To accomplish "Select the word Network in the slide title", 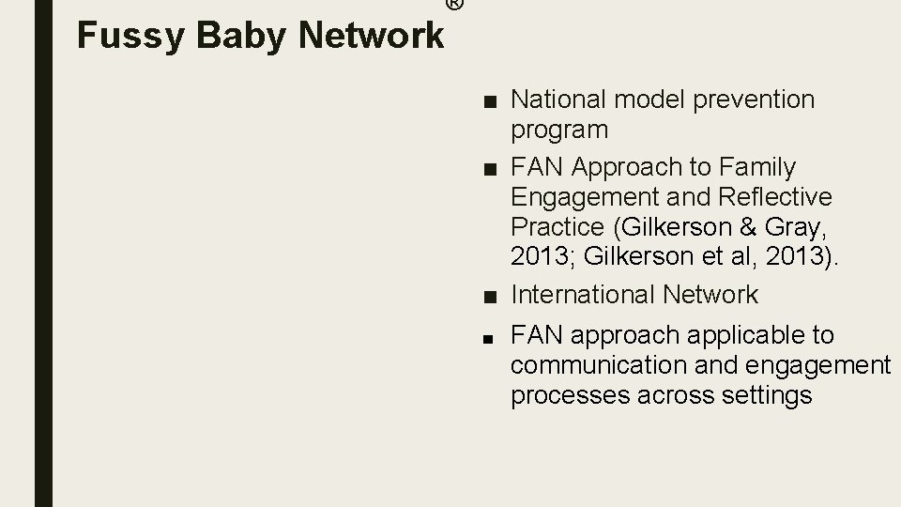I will (372, 36).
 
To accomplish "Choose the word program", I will (559, 130).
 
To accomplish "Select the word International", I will (582, 295).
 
